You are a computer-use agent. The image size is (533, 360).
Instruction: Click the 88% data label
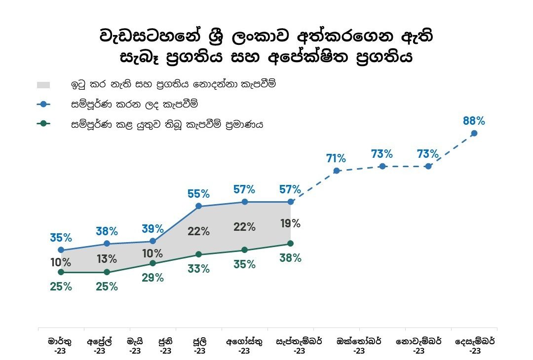[474, 121]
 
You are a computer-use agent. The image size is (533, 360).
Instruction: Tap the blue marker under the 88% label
[474, 133]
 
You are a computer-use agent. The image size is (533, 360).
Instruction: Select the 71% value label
[336, 159]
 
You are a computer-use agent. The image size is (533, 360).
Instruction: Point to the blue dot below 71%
[336, 171]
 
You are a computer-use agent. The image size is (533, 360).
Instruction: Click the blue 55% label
[198, 194]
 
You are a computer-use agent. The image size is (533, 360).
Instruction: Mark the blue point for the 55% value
[198, 206]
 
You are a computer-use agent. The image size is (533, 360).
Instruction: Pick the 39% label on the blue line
[152, 229]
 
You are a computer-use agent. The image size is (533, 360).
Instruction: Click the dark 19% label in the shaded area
[290, 223]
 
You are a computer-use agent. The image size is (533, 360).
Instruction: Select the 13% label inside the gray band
[107, 259]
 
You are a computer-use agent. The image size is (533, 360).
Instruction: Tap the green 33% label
[198, 269]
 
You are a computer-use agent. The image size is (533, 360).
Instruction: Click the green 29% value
[152, 278]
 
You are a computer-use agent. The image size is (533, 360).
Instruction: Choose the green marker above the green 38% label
[290, 244]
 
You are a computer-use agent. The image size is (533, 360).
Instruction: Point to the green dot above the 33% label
[198, 254]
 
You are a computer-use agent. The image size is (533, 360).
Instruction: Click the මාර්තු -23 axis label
[60, 346]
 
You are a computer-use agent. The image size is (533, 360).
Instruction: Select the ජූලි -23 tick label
[199, 346]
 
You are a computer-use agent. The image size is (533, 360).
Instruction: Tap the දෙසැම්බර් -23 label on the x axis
[475, 346]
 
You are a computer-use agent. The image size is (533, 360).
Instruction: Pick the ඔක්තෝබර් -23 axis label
[359, 346]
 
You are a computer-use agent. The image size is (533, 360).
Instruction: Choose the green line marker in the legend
[44, 125]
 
